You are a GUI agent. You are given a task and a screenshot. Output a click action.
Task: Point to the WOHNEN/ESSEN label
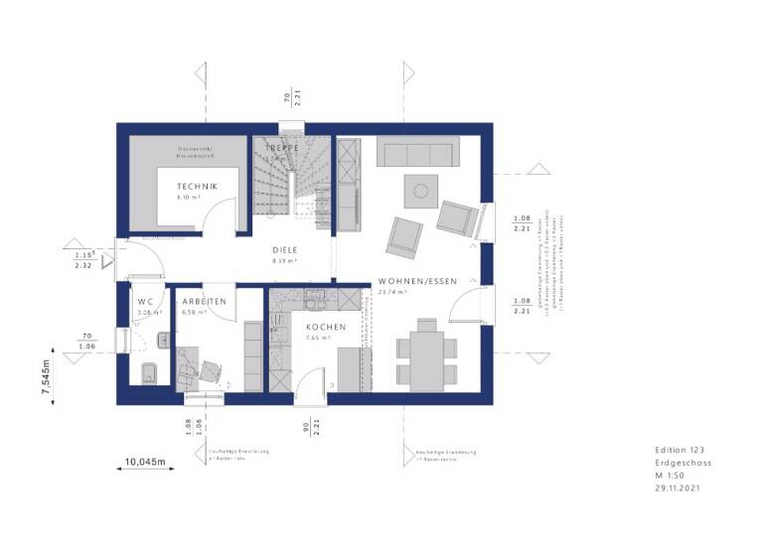[x=417, y=281]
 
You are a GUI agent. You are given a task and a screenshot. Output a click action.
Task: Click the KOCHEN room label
[x=325, y=327]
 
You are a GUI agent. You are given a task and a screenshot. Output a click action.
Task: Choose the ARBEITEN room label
[x=204, y=301]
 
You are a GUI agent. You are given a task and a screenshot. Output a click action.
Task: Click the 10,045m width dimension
[x=145, y=462]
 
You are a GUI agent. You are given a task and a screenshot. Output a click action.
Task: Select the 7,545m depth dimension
[x=46, y=378]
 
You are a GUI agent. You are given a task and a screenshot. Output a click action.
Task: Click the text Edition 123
[x=678, y=451]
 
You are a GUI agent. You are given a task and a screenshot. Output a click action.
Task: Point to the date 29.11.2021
[x=679, y=487]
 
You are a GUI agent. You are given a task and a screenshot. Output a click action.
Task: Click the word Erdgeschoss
[x=683, y=463]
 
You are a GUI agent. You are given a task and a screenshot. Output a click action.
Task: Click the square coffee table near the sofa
[x=420, y=189]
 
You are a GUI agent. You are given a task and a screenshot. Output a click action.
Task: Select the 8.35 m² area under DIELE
[x=286, y=262]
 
